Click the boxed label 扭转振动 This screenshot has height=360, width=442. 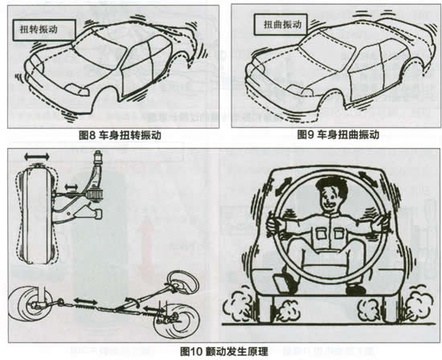(44, 31)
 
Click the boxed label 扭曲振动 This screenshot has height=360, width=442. (282, 25)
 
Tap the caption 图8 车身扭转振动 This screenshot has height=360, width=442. (120, 135)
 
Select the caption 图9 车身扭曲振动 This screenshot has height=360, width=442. (338, 135)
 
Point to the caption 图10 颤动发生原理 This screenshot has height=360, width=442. (224, 351)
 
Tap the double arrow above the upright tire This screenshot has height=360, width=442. (37, 157)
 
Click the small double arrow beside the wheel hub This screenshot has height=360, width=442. (71, 186)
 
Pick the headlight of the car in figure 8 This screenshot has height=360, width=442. (77, 89)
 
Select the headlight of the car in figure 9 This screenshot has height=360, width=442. (301, 90)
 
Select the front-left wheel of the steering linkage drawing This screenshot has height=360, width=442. (29, 303)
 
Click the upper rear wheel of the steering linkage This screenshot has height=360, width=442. (183, 283)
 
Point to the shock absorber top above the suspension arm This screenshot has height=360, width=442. (98, 157)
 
